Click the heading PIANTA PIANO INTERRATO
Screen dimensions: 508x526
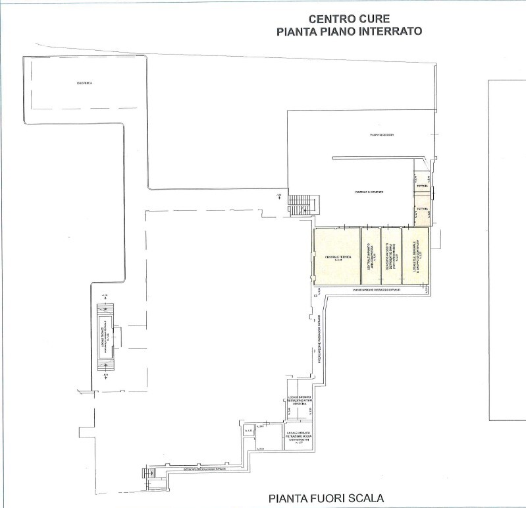[x=349, y=31]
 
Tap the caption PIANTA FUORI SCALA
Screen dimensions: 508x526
[x=326, y=497]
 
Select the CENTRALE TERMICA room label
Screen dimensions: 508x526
[x=337, y=256]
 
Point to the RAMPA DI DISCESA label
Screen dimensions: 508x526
[x=381, y=135]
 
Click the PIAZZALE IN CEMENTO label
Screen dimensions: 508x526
[x=369, y=192]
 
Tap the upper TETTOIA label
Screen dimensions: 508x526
[x=421, y=186]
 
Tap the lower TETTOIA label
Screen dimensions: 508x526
[x=421, y=209]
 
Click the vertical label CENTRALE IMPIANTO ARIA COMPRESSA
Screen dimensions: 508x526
[x=370, y=257]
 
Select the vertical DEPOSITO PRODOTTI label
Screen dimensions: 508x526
[x=390, y=257]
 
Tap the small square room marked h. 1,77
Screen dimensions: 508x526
[x=248, y=432]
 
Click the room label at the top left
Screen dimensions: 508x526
[x=84, y=83]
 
